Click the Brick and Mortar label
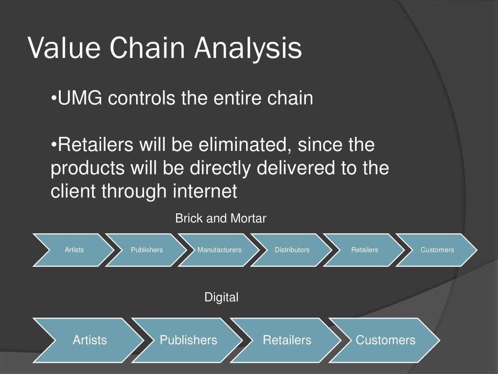point(221,219)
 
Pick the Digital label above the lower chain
point(221,297)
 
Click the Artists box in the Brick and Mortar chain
point(74,250)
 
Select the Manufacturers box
point(219,250)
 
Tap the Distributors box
point(292,250)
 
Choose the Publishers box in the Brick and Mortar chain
point(147,250)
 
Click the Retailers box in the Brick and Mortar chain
point(365,250)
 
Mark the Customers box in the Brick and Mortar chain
point(437,250)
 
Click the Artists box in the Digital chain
point(89,340)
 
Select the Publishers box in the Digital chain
point(188,340)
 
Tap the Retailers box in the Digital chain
point(287,340)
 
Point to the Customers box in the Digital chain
point(386,340)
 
